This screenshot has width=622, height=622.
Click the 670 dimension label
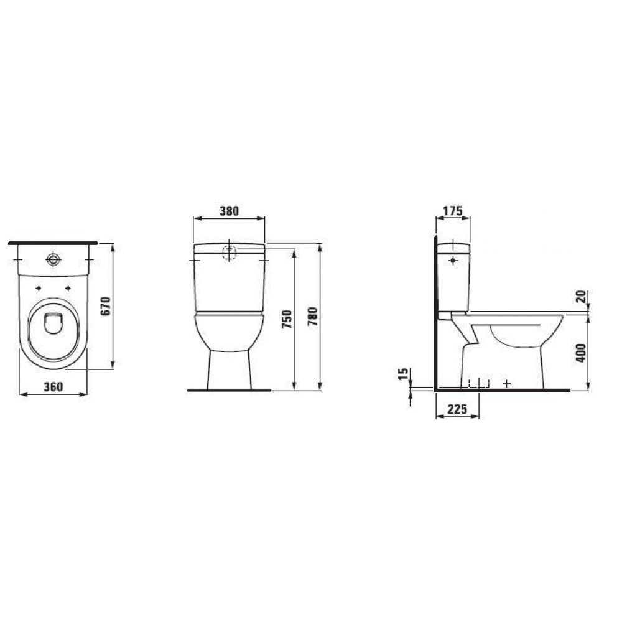[x=106, y=306]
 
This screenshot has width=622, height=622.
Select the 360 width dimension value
[x=53, y=386]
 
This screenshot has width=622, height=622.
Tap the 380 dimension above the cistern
[x=230, y=211]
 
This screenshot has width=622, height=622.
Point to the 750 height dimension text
[x=287, y=318]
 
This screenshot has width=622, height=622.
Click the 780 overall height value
[x=313, y=316]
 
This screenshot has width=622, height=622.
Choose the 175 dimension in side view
[x=453, y=211]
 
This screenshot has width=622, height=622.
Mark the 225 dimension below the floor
[x=457, y=409]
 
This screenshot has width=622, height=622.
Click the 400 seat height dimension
[x=580, y=352]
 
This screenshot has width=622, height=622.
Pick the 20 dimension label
[x=580, y=297]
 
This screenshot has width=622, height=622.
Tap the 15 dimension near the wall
[x=402, y=374]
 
